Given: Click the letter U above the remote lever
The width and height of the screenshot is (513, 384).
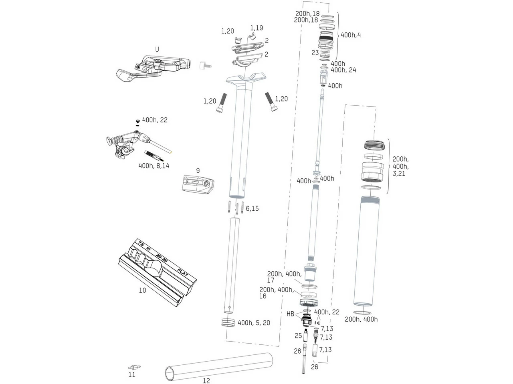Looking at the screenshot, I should point(157,49).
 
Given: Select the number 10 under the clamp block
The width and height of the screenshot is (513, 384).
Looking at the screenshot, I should point(142,290).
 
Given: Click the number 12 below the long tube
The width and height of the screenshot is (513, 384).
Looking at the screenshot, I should point(206,380).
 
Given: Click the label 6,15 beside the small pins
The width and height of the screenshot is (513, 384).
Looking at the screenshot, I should point(252,208).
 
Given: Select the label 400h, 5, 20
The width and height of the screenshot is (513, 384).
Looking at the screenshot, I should point(254,322).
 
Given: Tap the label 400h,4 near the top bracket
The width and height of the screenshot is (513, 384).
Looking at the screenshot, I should point(351,35).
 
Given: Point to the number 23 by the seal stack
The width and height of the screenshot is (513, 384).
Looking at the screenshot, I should point(315,52).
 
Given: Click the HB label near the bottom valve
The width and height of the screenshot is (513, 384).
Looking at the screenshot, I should point(291,314).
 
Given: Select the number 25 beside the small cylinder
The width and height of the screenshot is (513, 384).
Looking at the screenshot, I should point(298,336).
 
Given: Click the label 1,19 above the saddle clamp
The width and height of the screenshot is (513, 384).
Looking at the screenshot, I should point(256,28).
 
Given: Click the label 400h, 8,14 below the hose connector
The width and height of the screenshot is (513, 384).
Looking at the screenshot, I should point(154,165).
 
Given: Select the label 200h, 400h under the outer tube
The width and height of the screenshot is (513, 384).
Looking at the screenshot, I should point(361,319).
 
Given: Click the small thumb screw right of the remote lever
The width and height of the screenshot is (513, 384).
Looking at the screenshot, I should point(204,65).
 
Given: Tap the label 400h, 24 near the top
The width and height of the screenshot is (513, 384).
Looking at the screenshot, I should point(343,70).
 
